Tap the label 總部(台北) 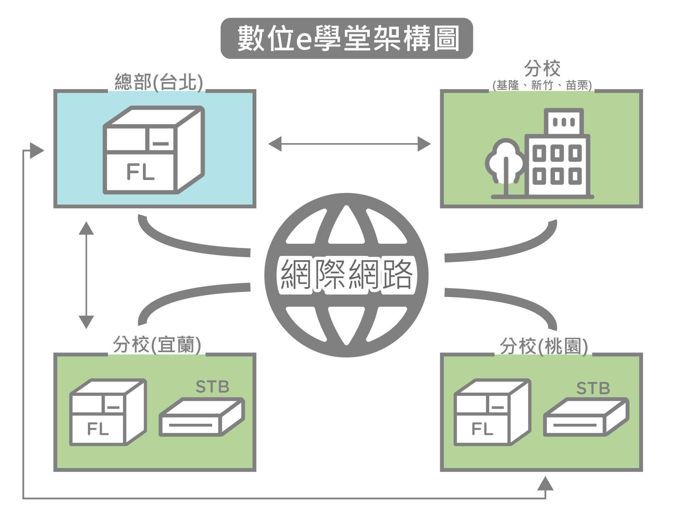pos(158,82)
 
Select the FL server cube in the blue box pos(154,150)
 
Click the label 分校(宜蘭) pos(157,345)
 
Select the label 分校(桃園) pos(543,346)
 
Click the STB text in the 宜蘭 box pos(212,387)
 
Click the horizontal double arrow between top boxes pos(349,144)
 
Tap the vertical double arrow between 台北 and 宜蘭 pos(86,275)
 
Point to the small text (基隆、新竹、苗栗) pos(542,86)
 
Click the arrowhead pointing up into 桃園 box pos(545,484)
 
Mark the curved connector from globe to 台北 pos(186,243)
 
